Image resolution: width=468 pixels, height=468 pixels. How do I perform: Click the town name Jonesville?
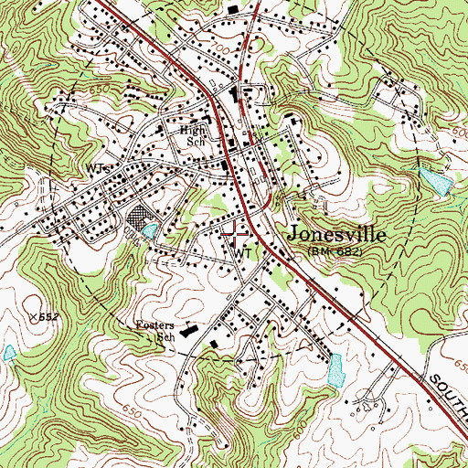[335, 234]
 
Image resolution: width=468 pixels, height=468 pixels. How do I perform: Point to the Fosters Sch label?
[154, 330]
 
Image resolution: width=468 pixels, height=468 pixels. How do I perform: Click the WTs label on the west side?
[99, 169]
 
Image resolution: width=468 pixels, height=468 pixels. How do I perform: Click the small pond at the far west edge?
[9, 352]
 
